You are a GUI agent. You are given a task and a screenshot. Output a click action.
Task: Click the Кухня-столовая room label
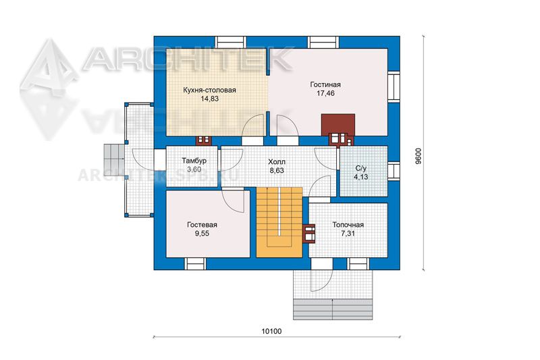209,91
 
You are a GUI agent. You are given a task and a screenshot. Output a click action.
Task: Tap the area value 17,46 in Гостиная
325,93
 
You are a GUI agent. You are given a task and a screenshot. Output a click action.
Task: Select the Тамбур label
194,161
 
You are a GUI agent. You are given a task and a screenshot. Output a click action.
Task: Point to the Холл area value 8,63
277,170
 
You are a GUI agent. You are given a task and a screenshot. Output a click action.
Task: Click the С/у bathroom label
361,169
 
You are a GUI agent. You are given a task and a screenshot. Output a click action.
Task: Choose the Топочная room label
348,225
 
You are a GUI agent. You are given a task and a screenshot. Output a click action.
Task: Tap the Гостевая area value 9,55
202,234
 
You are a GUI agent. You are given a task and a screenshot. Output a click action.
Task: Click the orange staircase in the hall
279,222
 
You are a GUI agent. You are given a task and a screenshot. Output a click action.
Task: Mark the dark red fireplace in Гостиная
338,125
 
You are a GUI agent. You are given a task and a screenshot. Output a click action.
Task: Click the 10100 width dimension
272,332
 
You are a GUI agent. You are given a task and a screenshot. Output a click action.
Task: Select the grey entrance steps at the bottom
333,309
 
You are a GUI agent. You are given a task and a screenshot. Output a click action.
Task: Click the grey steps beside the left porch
114,160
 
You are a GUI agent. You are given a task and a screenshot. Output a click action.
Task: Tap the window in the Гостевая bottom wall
196,263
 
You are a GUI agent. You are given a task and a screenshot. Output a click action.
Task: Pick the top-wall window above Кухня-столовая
231,43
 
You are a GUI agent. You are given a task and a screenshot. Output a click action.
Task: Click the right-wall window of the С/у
394,171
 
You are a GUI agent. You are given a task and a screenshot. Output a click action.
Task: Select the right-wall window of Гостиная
394,86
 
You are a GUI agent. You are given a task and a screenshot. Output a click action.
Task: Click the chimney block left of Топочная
309,234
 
